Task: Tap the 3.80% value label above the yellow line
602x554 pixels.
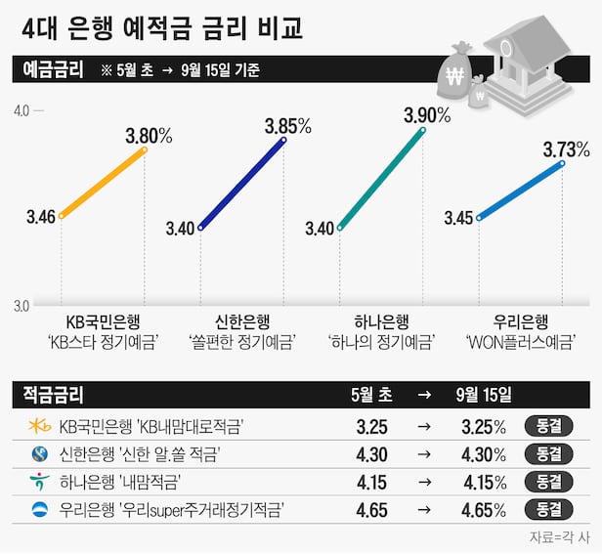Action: point(150,131)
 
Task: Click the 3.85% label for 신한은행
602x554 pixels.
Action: point(287,125)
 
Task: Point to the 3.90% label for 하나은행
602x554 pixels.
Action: point(427,115)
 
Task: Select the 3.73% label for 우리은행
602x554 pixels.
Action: point(567,149)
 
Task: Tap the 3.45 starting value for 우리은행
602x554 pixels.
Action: point(458,217)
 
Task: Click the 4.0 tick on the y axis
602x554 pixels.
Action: point(21,110)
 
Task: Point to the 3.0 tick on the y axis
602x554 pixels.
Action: point(21,305)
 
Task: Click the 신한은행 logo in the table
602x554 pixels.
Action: point(40,454)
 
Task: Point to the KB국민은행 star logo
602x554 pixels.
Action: point(40,426)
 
